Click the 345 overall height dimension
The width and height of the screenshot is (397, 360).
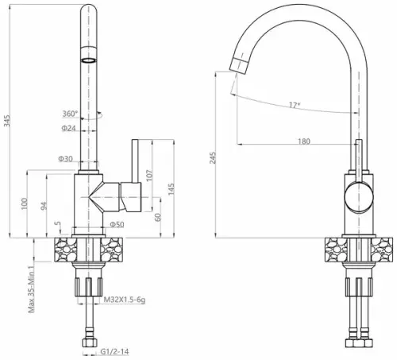click(x=7, y=121)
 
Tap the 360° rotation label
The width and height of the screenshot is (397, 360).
click(x=70, y=114)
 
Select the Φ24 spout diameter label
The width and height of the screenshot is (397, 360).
click(x=68, y=128)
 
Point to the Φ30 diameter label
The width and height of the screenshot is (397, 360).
click(x=65, y=159)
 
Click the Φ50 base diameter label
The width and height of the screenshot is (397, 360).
click(x=117, y=225)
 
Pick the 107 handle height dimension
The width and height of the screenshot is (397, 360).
click(x=149, y=176)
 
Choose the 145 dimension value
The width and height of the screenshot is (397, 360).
click(x=172, y=189)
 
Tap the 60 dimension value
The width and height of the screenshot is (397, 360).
click(x=158, y=217)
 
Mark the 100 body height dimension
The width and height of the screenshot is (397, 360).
click(x=25, y=203)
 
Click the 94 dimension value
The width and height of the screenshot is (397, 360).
click(x=44, y=206)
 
